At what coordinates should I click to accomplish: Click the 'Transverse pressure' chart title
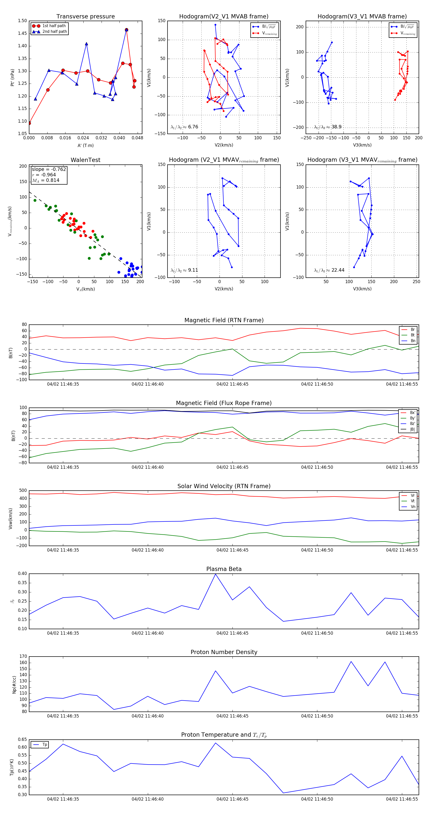coord(85,17)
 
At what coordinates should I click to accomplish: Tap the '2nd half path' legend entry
coord(55,32)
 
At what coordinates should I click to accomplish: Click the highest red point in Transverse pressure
coord(127,30)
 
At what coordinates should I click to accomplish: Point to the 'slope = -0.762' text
coord(49,169)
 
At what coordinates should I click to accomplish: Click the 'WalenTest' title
coord(85,160)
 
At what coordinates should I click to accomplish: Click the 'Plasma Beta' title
coord(224,569)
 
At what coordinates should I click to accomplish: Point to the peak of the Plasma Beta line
coord(216,574)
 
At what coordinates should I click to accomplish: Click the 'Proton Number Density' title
coord(224,652)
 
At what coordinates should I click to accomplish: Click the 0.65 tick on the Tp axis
coord(22,739)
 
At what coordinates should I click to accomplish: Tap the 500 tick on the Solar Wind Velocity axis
coord(23,491)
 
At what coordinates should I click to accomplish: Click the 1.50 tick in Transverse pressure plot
coord(22,21)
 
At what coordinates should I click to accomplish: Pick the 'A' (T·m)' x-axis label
coord(85,145)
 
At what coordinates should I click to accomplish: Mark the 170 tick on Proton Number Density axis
coord(23,657)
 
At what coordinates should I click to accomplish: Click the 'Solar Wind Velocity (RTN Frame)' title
coord(224,486)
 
